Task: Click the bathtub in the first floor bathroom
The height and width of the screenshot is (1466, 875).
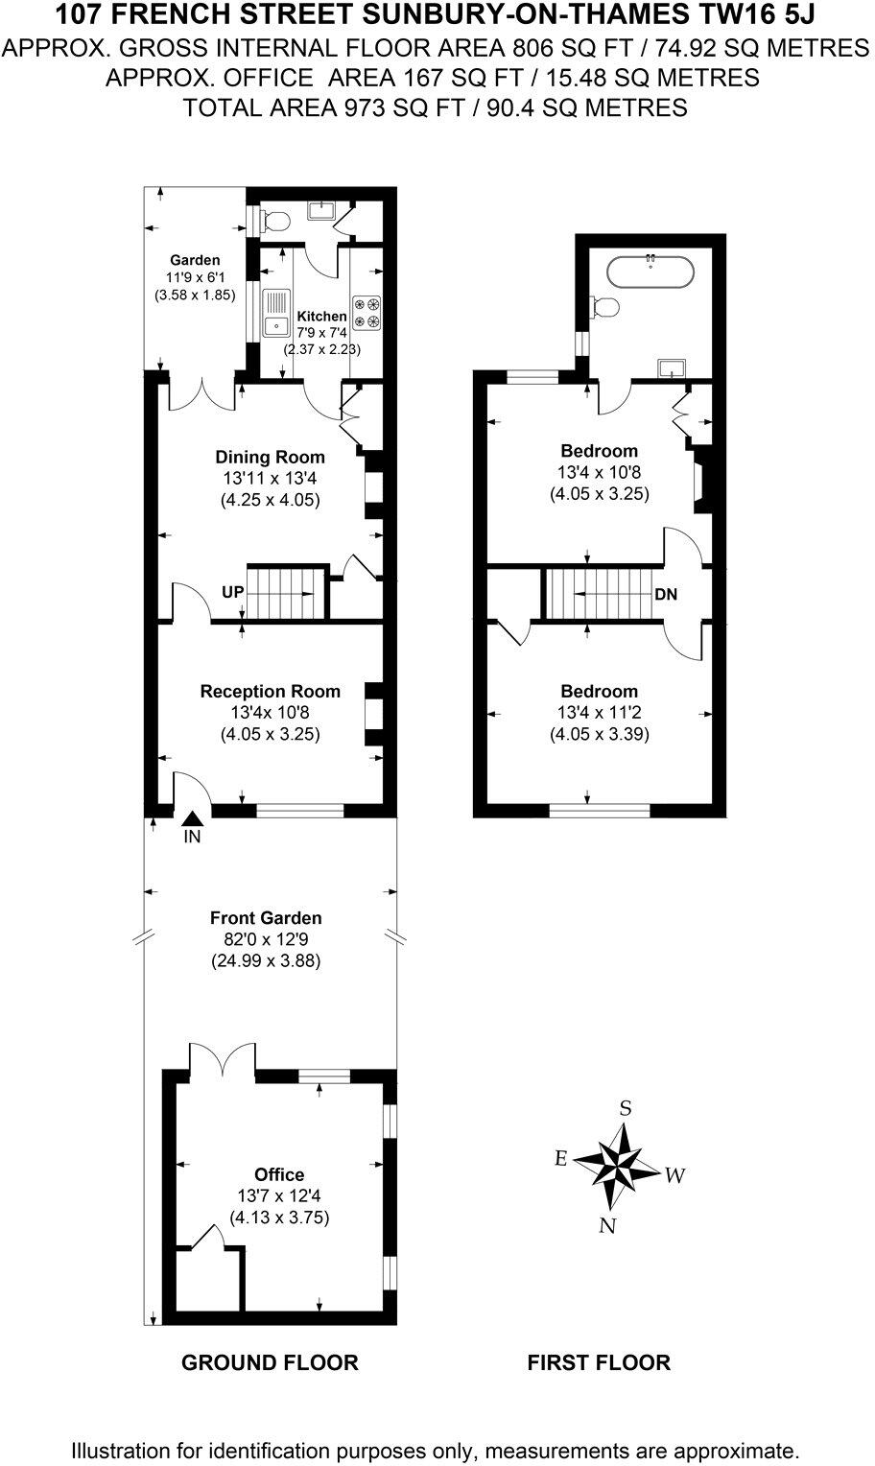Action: [650, 271]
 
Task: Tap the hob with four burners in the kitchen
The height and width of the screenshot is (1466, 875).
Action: [367, 311]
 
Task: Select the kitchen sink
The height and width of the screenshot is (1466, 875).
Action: [276, 314]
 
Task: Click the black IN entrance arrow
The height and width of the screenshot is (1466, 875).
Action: [192, 817]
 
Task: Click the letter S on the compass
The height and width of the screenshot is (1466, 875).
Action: [626, 1108]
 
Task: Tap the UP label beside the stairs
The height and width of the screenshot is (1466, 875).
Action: [233, 593]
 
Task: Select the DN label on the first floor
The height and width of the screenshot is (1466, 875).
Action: [666, 595]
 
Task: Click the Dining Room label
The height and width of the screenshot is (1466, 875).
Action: [270, 457]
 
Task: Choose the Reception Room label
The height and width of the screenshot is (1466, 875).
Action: [270, 691]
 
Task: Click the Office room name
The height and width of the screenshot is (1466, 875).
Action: [279, 1174]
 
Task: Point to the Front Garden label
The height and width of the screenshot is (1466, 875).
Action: [266, 918]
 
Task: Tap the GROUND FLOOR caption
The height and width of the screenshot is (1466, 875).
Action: [270, 1362]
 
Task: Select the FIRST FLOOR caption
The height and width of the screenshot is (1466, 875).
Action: [599, 1362]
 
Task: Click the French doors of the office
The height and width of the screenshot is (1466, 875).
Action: [223, 1059]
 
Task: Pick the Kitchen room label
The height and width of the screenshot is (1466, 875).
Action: [321, 317]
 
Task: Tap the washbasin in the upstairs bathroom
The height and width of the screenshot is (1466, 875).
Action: [671, 367]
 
